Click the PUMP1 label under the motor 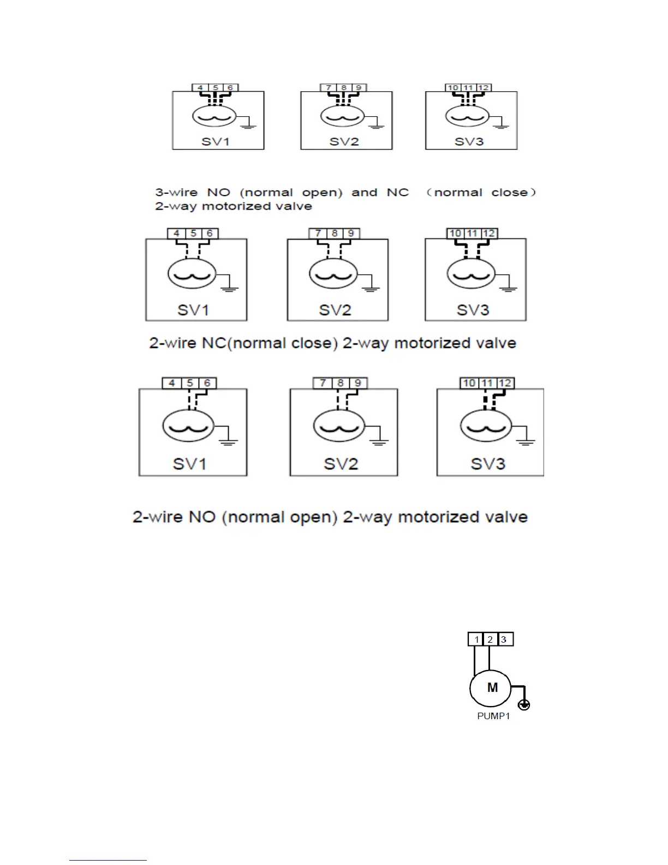click(493, 716)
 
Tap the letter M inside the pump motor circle click(492, 688)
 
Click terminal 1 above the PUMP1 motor click(476, 639)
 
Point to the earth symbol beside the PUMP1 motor click(524, 704)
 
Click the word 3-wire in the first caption click(176, 192)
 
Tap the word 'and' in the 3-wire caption click(364, 192)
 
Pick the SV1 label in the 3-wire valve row click(216, 141)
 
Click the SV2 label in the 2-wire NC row click(335, 310)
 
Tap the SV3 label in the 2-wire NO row click(488, 464)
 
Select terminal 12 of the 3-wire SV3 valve click(484, 87)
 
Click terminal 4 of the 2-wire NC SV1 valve click(176, 233)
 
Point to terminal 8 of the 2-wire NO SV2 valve click(340, 383)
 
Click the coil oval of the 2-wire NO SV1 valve click(188, 426)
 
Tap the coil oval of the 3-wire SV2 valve click(342, 116)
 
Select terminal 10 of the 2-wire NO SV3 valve click(469, 383)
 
